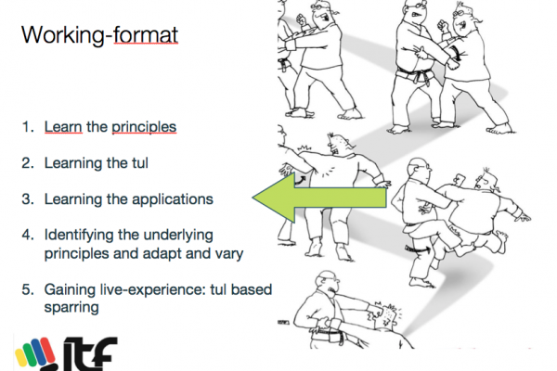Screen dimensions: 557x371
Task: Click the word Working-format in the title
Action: [x=99, y=35]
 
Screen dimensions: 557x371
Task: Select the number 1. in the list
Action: [x=28, y=127]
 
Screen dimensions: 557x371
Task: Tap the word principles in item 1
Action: [x=144, y=128]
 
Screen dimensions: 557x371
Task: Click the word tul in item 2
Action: [x=137, y=163]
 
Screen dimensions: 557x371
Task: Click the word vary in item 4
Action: [x=229, y=254]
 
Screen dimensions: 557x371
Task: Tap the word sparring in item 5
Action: [x=71, y=308]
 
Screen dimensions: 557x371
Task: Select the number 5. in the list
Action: [x=28, y=289]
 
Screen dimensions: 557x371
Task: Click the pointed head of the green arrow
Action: [x=253, y=198]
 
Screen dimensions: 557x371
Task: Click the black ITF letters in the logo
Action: [x=90, y=354]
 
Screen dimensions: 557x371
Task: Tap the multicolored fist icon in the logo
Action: [x=35, y=355]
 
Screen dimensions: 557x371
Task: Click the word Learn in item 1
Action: [x=63, y=127]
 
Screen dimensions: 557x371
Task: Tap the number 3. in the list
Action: [x=28, y=199]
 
